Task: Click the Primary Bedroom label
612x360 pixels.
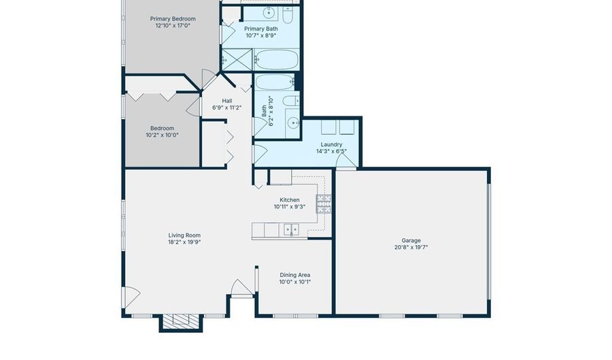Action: [173, 19]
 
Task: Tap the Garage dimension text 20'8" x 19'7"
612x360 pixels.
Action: [411, 247]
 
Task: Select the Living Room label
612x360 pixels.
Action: [184, 235]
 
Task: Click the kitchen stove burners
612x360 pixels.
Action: [324, 203]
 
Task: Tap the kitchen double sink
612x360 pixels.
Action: [291, 229]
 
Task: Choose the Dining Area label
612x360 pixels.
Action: [294, 275]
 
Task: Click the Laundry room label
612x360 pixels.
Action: [331, 144]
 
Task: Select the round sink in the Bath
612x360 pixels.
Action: [293, 123]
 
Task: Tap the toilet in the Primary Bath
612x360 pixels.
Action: [288, 15]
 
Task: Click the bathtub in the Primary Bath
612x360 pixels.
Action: [277, 60]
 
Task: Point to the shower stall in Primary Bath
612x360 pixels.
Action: [237, 60]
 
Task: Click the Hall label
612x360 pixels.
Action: [227, 101]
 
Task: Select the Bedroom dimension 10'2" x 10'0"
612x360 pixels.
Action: [163, 135]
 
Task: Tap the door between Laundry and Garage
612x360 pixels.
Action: [346, 161]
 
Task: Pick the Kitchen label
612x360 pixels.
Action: [290, 200]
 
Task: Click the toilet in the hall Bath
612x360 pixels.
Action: [291, 101]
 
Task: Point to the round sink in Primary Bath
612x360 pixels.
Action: [269, 14]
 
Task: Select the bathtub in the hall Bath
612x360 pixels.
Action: [275, 82]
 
